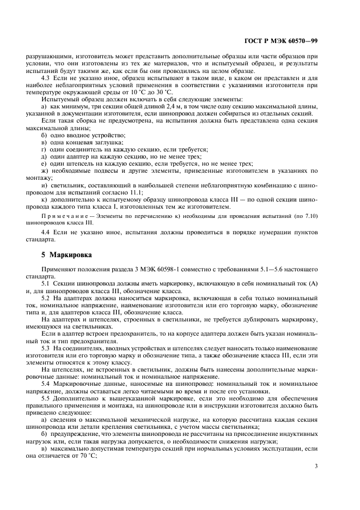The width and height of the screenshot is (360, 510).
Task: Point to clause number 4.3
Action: point(47,78)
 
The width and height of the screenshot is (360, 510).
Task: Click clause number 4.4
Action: point(47,233)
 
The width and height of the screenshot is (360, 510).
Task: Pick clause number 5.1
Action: point(47,284)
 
